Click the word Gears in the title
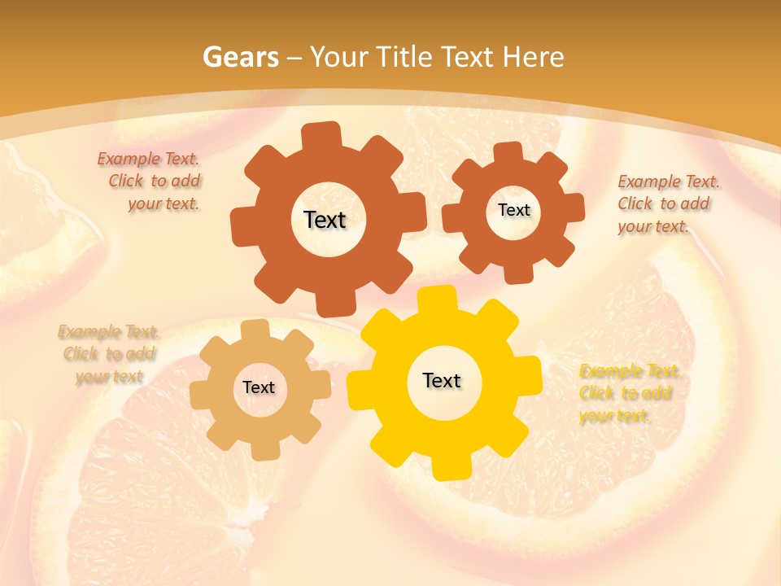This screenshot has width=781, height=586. [240, 57]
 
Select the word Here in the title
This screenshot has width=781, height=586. [533, 57]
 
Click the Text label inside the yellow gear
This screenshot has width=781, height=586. [442, 380]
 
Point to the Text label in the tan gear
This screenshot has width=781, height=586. [259, 387]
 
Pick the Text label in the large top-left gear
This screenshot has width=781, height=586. [325, 220]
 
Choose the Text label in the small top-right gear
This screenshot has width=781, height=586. [513, 210]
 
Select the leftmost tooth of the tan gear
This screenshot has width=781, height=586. [200, 396]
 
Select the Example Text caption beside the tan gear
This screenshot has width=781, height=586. [108, 354]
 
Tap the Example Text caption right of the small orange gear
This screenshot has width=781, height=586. [667, 203]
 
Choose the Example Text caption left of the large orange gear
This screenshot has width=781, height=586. [151, 181]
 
